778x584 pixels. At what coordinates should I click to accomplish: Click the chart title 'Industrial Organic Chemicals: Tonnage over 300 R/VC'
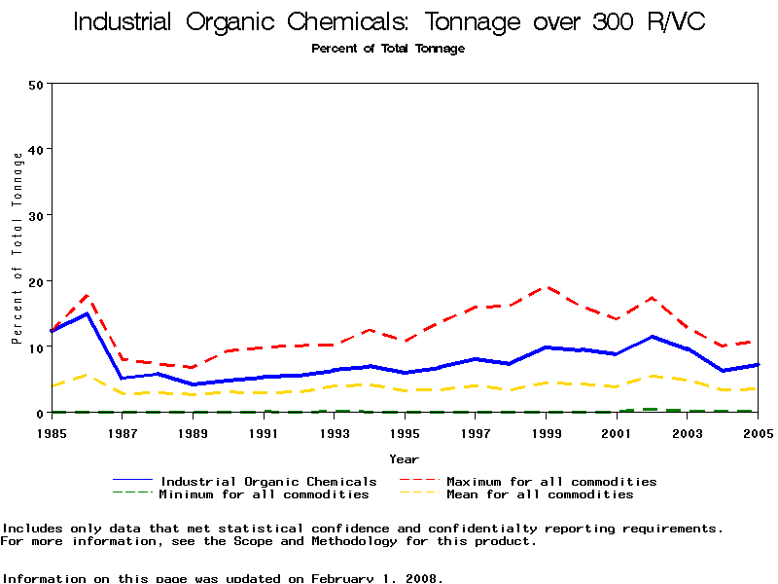tap(389, 21)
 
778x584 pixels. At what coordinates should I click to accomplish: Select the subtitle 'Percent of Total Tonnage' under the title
tap(388, 49)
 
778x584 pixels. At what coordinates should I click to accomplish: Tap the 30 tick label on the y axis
tap(37, 215)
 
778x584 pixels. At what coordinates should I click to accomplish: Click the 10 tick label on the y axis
tap(37, 347)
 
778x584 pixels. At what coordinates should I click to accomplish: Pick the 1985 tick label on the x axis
tap(52, 432)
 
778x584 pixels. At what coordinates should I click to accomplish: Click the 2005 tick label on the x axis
tap(758, 432)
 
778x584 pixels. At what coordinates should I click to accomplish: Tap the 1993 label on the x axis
tap(335, 432)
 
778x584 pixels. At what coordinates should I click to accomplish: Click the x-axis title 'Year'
tap(405, 458)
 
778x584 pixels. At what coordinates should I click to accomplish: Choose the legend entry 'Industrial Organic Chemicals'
tap(268, 482)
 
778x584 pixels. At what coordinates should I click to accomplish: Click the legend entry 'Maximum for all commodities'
tap(551, 482)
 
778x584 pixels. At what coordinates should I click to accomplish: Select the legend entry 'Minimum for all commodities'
tap(265, 494)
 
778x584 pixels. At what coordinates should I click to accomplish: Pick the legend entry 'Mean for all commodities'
tap(540, 494)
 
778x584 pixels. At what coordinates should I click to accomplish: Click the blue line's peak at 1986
tap(88, 313)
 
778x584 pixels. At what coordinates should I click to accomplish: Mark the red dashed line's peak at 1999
tap(547, 287)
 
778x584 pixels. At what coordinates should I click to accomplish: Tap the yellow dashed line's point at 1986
tap(88, 375)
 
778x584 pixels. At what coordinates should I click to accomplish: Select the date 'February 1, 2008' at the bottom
tap(376, 578)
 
